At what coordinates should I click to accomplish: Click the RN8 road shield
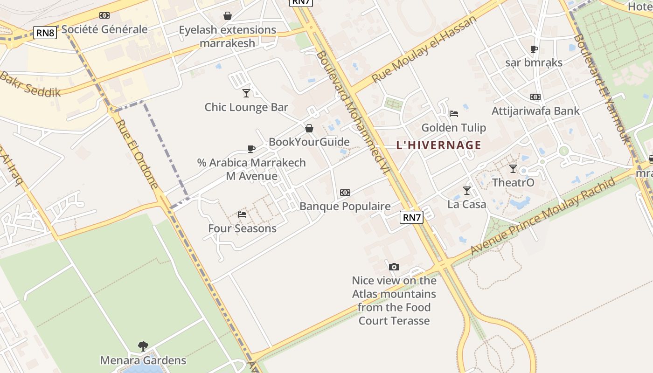45,33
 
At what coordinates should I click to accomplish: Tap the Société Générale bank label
104,29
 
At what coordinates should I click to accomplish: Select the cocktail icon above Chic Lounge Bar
246,93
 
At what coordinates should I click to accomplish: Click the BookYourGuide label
309,142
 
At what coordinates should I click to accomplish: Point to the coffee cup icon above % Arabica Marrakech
251,149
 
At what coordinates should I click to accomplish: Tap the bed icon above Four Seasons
242,214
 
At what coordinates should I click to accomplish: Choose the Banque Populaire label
345,206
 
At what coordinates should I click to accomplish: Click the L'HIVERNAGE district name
438,145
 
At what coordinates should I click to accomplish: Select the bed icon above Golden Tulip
453,113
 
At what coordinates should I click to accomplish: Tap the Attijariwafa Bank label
535,111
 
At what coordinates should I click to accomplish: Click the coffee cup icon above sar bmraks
534,49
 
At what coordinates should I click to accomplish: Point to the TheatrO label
513,182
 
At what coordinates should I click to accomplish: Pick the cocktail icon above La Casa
466,190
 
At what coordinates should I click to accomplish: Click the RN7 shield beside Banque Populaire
412,217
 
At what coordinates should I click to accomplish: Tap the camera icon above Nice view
394,267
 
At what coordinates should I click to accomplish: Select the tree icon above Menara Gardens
143,346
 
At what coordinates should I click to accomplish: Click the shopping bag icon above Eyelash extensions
228,16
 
